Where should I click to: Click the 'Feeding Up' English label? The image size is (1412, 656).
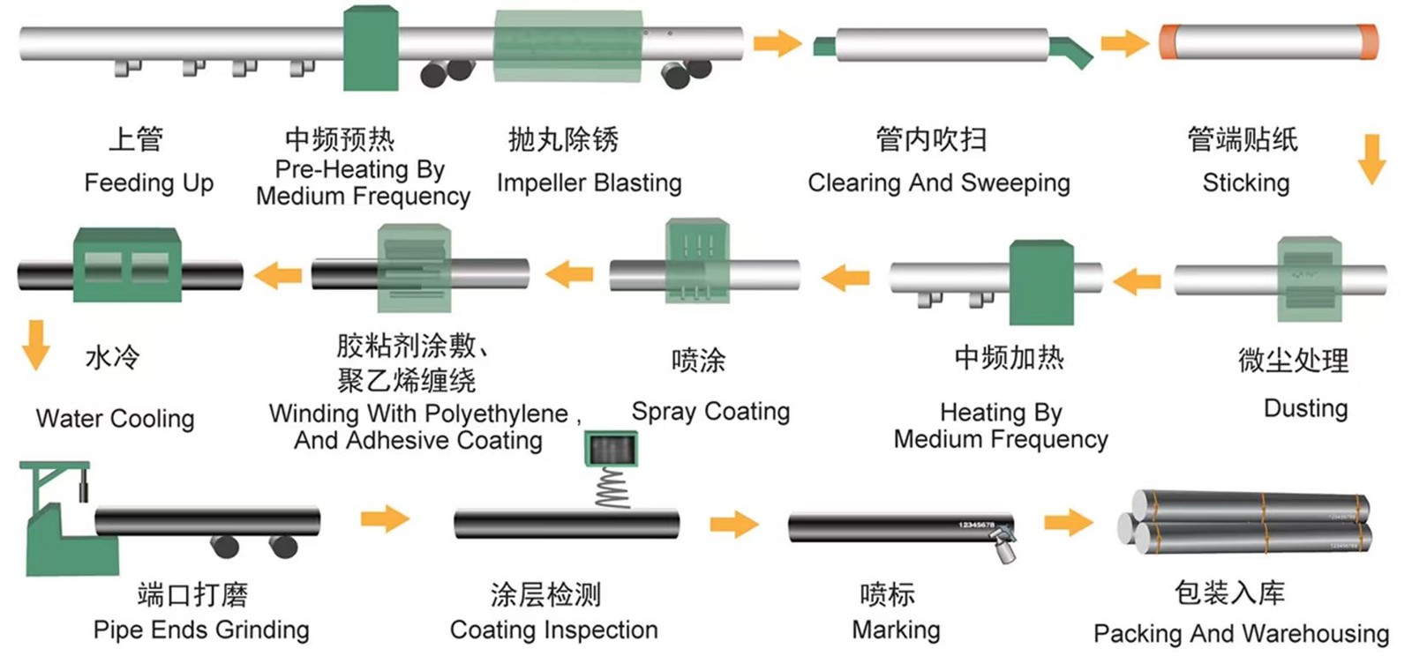click(148, 183)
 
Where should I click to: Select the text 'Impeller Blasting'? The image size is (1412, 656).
click(589, 183)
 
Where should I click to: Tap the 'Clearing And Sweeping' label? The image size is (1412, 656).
click(938, 183)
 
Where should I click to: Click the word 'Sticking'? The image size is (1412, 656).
click(1245, 183)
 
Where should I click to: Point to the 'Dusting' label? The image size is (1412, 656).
click(1305, 408)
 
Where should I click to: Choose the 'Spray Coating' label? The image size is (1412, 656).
click(710, 411)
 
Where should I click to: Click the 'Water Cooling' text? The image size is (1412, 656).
click(115, 418)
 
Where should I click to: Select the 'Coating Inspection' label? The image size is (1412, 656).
click(553, 630)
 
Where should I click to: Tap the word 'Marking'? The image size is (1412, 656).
click(896, 630)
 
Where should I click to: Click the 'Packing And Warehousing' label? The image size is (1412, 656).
click(1241, 633)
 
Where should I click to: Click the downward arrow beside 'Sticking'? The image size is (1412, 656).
click(1371, 158)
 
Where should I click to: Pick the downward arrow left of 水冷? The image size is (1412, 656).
click(36, 345)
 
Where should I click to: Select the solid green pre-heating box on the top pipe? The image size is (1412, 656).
click(370, 48)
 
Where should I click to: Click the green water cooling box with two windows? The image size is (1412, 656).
click(127, 265)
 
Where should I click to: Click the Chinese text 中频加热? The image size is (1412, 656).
click(1009, 357)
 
